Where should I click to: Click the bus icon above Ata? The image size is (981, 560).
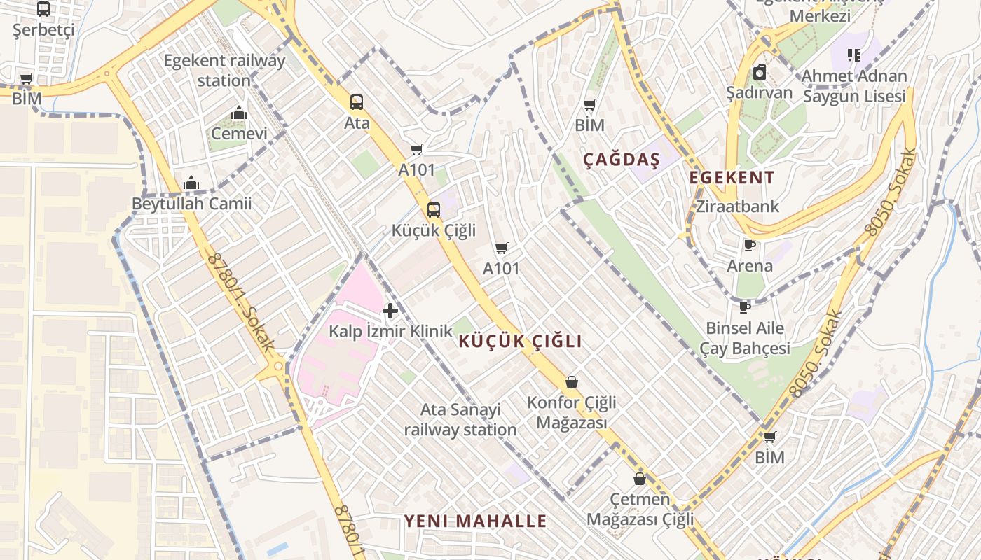point(357,102)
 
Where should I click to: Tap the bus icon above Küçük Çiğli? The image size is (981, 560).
point(434,209)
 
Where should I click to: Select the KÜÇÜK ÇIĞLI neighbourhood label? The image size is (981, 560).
point(521,342)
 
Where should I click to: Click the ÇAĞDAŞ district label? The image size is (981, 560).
point(622,160)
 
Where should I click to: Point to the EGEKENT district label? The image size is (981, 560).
point(732,177)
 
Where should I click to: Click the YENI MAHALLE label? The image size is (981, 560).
point(475,521)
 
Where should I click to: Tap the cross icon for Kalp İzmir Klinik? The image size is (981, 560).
point(390,311)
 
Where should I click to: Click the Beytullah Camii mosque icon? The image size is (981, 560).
point(191,183)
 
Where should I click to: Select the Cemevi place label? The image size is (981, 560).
point(239,133)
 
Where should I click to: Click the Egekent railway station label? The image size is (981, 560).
point(224,71)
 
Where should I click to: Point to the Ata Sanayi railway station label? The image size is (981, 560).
point(460,419)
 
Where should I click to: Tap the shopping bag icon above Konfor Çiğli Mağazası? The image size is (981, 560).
point(572,382)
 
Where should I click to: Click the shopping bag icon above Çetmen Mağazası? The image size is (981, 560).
point(639,479)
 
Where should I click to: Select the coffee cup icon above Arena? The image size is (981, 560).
point(749,245)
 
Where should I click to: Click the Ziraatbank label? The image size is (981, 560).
point(737,206)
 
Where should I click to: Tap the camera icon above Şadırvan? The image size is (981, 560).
point(760,72)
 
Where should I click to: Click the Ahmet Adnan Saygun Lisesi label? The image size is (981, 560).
point(854,85)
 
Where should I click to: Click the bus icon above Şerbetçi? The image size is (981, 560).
point(43,9)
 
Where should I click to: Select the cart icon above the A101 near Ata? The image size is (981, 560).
point(417,149)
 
